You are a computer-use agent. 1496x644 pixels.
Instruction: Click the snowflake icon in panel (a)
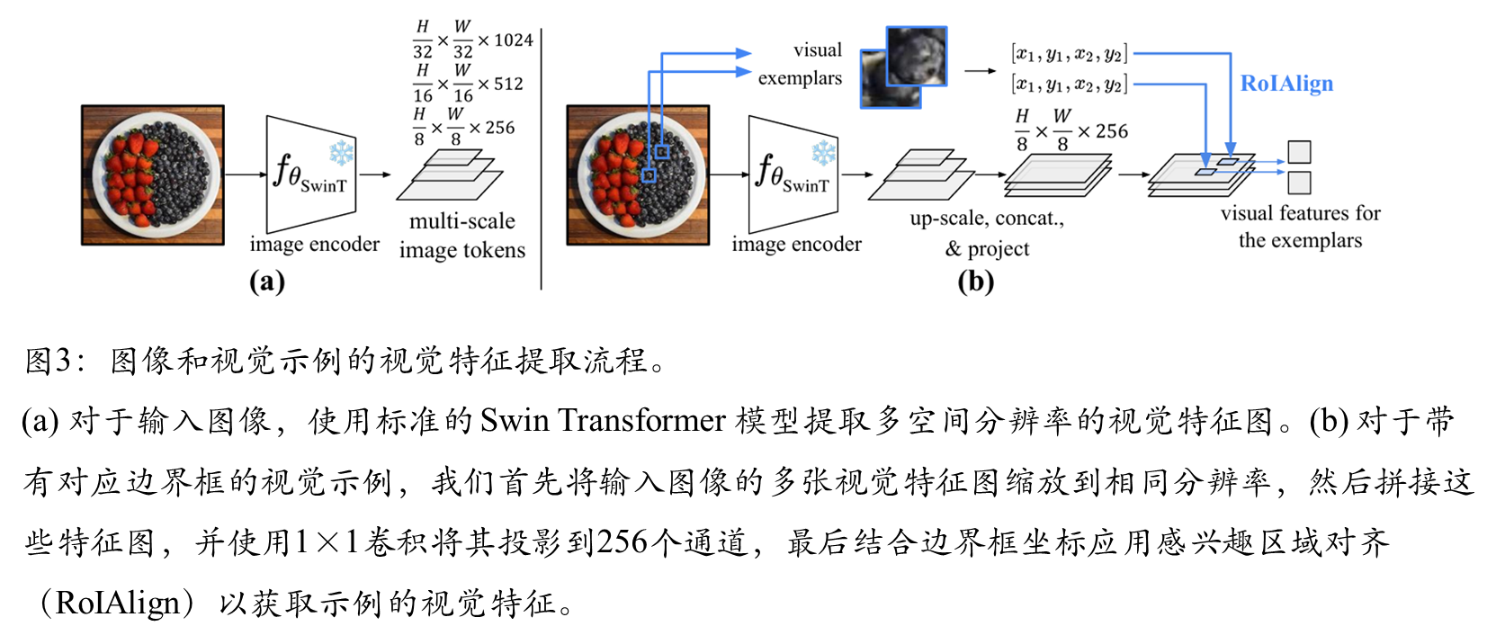(342, 153)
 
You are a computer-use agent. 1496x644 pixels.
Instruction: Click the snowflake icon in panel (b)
(824, 153)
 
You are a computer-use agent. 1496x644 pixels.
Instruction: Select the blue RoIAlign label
(1286, 84)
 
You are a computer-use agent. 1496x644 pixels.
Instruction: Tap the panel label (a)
(267, 282)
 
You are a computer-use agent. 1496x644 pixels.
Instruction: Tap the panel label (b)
(976, 282)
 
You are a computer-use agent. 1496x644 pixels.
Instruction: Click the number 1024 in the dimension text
(514, 40)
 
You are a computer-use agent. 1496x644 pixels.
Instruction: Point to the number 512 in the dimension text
(508, 84)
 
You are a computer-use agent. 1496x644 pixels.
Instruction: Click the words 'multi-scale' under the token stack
(462, 221)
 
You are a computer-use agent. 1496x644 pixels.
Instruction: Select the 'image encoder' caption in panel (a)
(315, 245)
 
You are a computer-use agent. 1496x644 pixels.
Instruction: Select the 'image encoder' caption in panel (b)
(796, 245)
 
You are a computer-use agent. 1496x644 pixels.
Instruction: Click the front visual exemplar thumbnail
(917, 56)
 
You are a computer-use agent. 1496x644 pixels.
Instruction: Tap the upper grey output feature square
(1299, 151)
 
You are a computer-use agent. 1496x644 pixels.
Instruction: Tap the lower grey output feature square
(1299, 183)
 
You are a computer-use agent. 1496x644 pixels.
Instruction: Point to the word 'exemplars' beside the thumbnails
(800, 78)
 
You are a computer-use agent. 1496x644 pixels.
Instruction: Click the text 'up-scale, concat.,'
(987, 219)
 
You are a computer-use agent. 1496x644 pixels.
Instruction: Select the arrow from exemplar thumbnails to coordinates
(980, 70)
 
